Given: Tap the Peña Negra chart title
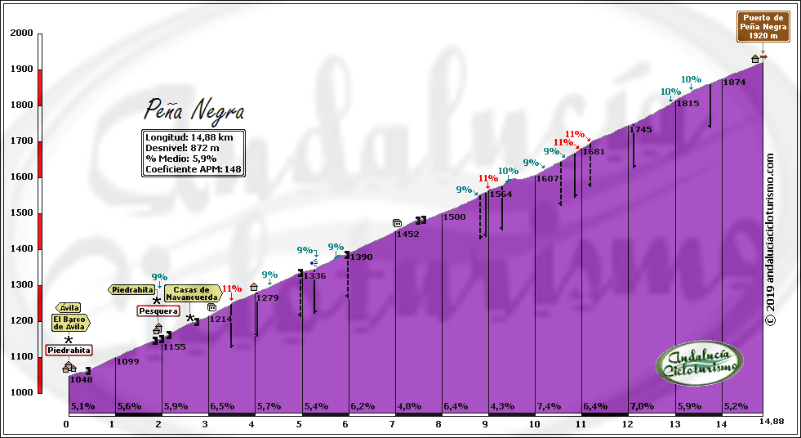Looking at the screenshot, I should click(x=194, y=109).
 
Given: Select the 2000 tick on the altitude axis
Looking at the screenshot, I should click(x=22, y=33).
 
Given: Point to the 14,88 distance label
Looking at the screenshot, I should click(x=772, y=421).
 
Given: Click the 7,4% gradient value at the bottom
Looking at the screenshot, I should click(x=549, y=406).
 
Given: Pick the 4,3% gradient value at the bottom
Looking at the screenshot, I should click(x=502, y=406).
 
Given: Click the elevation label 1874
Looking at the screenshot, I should click(x=734, y=83).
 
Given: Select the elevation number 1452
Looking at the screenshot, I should click(x=407, y=235).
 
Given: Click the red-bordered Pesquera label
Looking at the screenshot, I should click(x=158, y=311).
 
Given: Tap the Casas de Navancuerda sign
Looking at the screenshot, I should click(x=192, y=294).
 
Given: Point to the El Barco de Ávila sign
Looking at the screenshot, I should click(x=69, y=323).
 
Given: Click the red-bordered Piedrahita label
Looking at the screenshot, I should click(x=69, y=350).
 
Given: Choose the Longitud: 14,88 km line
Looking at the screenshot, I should click(x=189, y=137).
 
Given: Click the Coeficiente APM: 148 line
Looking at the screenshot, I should click(x=194, y=170).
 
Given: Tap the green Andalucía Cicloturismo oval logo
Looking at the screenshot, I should click(x=700, y=362).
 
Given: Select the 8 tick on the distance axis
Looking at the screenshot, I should click(x=438, y=424).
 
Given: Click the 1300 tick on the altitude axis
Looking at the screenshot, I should click(x=22, y=285).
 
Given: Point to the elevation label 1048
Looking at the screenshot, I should click(x=81, y=379).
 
